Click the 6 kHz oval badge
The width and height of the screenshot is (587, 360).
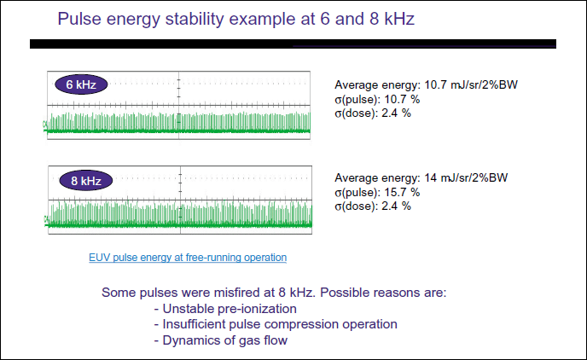point(81,84)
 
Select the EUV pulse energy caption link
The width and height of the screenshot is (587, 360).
point(188,257)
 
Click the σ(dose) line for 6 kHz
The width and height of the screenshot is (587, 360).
point(373,113)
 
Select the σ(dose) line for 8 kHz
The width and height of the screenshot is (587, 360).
point(373,206)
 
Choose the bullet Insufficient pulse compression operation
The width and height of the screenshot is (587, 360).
point(276,324)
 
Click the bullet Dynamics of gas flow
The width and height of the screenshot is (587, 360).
point(221,340)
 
